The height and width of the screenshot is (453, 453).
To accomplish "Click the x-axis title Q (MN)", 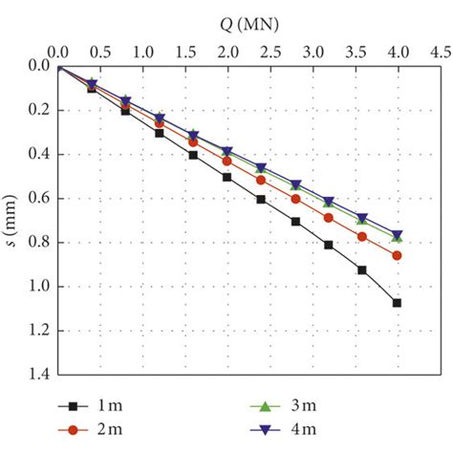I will point(226,15).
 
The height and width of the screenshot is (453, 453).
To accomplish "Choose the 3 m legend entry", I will point(303,410).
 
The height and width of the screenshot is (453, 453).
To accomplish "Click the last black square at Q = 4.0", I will point(397,303).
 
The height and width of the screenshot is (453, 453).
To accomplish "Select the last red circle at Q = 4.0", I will point(397,255).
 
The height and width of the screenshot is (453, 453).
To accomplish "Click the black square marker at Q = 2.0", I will point(226,177).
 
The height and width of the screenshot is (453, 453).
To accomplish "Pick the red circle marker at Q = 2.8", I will point(295,199).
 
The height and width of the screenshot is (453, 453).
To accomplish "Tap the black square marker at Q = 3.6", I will point(362,270).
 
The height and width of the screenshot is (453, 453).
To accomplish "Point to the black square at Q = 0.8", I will point(125,111).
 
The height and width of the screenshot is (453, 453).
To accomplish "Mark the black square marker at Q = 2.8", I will point(295,222).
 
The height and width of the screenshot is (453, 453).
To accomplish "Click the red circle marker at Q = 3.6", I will point(362,236).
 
